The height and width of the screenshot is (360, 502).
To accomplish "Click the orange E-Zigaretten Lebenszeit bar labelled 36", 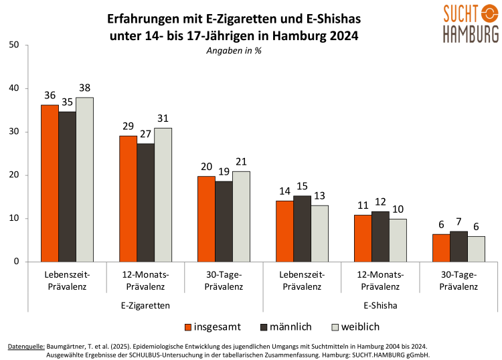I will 50,183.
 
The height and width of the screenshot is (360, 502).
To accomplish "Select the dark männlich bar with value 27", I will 145,203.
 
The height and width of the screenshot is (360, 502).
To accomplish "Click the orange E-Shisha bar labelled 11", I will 363,238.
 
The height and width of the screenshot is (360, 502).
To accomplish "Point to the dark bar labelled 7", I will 458,246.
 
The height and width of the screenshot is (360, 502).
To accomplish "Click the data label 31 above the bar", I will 163,118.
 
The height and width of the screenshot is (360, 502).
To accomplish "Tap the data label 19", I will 224,172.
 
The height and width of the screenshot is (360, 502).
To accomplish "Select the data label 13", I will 319,195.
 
